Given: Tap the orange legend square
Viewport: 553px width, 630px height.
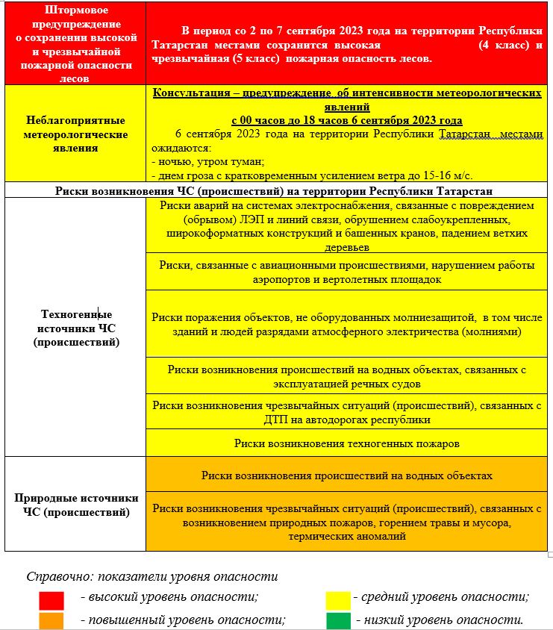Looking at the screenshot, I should tap(51, 620).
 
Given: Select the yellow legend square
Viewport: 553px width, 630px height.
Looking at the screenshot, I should tap(338, 597).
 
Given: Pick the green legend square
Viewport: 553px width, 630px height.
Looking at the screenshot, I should tap(338, 620).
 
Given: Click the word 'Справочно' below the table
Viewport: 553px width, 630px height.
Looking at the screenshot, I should tap(57, 577).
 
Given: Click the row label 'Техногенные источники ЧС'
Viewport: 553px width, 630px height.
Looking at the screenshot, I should tap(75, 328).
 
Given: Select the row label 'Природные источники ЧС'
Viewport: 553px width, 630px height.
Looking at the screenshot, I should tap(75, 505).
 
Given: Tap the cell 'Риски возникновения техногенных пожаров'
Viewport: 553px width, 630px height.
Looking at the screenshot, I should tap(346, 443).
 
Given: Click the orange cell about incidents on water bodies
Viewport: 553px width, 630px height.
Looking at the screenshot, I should tap(346, 475).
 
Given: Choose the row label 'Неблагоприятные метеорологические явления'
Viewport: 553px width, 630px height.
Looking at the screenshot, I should tap(75, 134).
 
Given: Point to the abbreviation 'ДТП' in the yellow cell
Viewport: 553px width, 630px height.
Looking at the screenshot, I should tap(275, 420).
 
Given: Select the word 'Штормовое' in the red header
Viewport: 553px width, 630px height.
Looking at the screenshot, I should tap(75, 11).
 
